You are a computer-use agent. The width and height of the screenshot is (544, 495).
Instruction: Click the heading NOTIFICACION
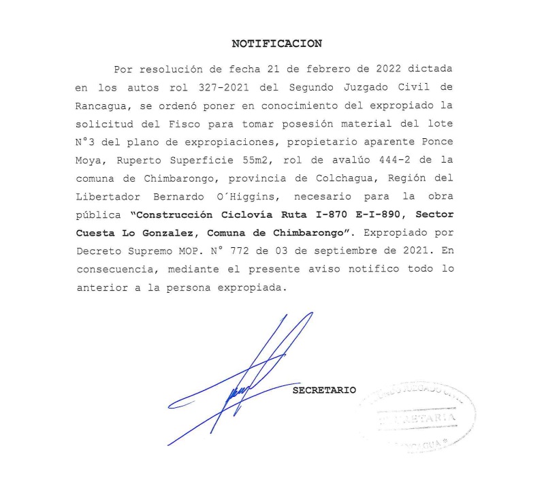point(276,44)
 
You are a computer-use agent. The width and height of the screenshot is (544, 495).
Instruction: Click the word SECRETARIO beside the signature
point(324,391)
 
